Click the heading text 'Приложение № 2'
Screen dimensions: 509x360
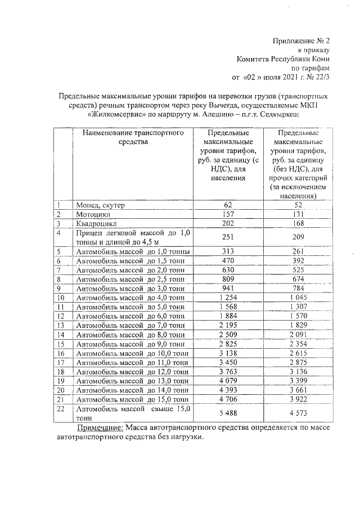coord(301,41)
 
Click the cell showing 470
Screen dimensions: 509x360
coord(227,261)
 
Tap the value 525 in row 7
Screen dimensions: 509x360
coord(298,271)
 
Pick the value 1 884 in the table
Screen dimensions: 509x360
coord(227,316)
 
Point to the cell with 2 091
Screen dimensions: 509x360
coord(298,335)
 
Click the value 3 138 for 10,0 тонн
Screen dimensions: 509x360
coord(227,353)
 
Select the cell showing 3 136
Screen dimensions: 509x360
coord(298,371)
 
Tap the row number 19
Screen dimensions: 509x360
coord(61,381)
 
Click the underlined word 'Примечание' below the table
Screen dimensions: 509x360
coord(100,429)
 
